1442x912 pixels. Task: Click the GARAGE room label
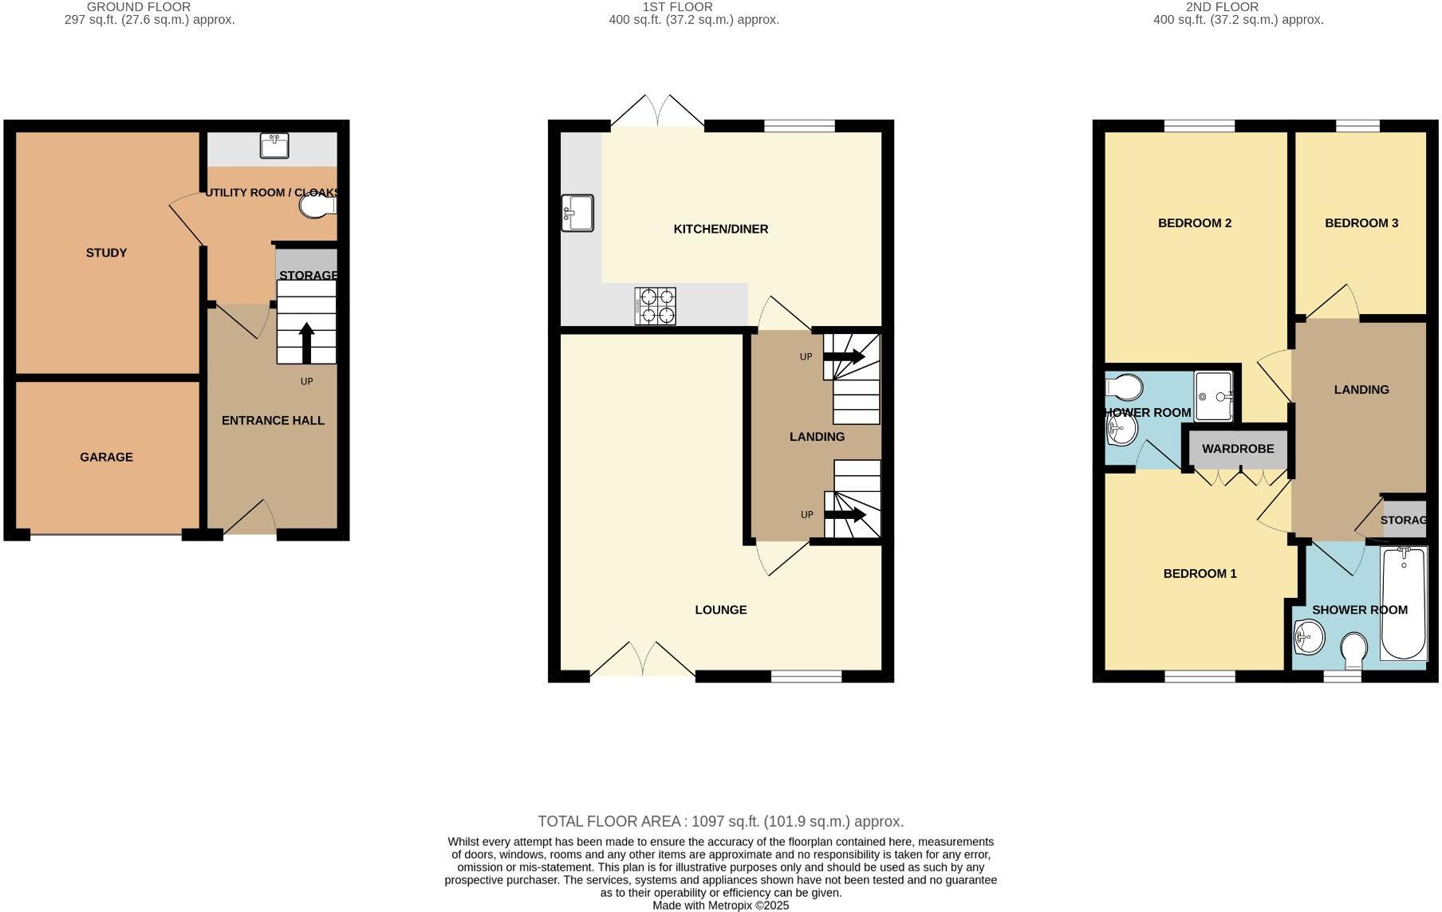(106, 457)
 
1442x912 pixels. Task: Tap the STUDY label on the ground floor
(106, 253)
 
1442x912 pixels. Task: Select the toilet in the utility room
(317, 206)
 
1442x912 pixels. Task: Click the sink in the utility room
(274, 147)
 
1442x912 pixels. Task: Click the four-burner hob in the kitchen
(656, 306)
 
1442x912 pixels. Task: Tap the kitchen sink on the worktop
(577, 213)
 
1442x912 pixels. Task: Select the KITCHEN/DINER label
(720, 229)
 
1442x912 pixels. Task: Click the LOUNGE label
(720, 610)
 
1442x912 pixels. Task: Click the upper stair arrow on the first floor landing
(844, 357)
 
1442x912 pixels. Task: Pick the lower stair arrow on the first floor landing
(845, 515)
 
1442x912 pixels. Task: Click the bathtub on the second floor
(1404, 603)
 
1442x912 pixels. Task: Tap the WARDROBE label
(1238, 449)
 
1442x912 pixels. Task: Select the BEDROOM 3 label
(1361, 223)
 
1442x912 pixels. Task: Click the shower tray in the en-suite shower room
(1214, 396)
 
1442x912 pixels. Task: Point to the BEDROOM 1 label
(1200, 573)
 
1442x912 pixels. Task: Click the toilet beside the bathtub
(1353, 651)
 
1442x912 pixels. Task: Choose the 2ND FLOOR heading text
(1222, 7)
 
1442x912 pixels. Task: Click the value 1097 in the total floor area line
(708, 821)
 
